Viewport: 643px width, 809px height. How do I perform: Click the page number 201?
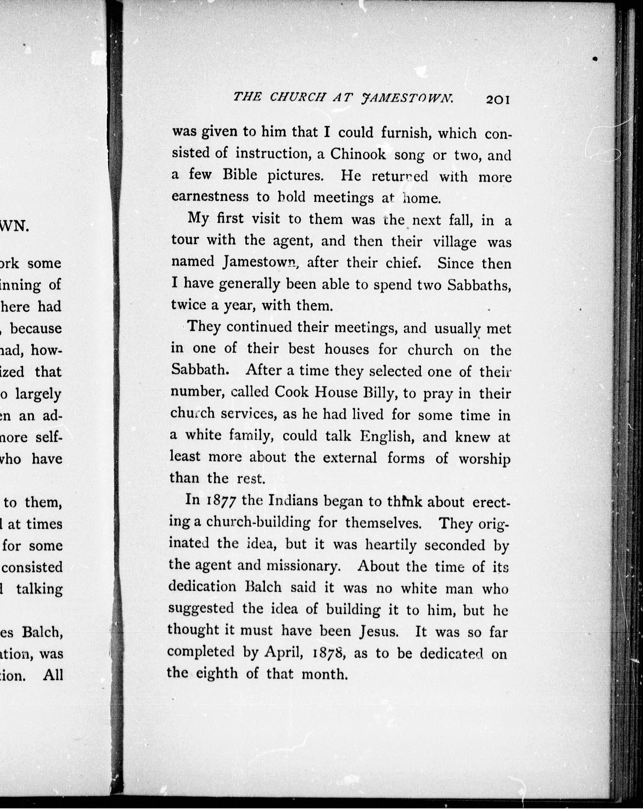tap(497, 100)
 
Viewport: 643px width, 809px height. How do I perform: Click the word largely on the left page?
tap(38, 394)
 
